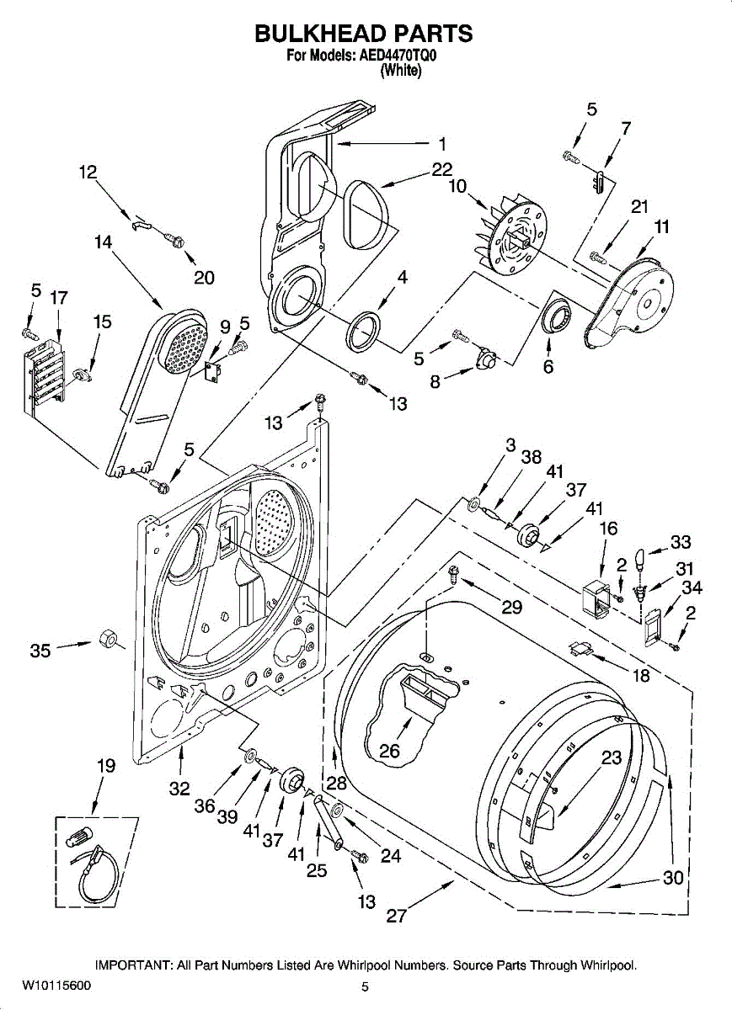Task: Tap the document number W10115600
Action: point(57,986)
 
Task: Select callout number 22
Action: point(442,169)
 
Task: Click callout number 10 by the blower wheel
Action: point(457,186)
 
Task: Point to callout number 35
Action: point(40,650)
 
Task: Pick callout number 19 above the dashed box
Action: point(105,766)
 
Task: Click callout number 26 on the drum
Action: point(389,751)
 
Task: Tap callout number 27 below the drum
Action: point(396,917)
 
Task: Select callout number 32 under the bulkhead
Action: point(179,789)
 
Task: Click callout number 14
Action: point(103,242)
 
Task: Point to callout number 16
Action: point(608,529)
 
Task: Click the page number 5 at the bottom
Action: point(366,986)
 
